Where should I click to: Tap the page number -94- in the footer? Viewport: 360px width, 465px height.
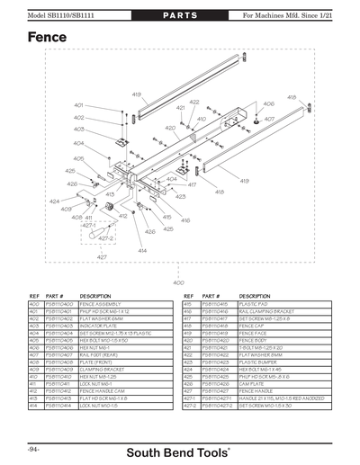31,447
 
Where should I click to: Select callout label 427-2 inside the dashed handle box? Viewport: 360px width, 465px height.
105,238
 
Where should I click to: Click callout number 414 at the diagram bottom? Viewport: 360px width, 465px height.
142,249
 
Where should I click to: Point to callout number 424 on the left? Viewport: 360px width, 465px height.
55,201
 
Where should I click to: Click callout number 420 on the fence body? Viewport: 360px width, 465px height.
170,129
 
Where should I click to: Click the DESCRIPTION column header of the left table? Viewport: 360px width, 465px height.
96,295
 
